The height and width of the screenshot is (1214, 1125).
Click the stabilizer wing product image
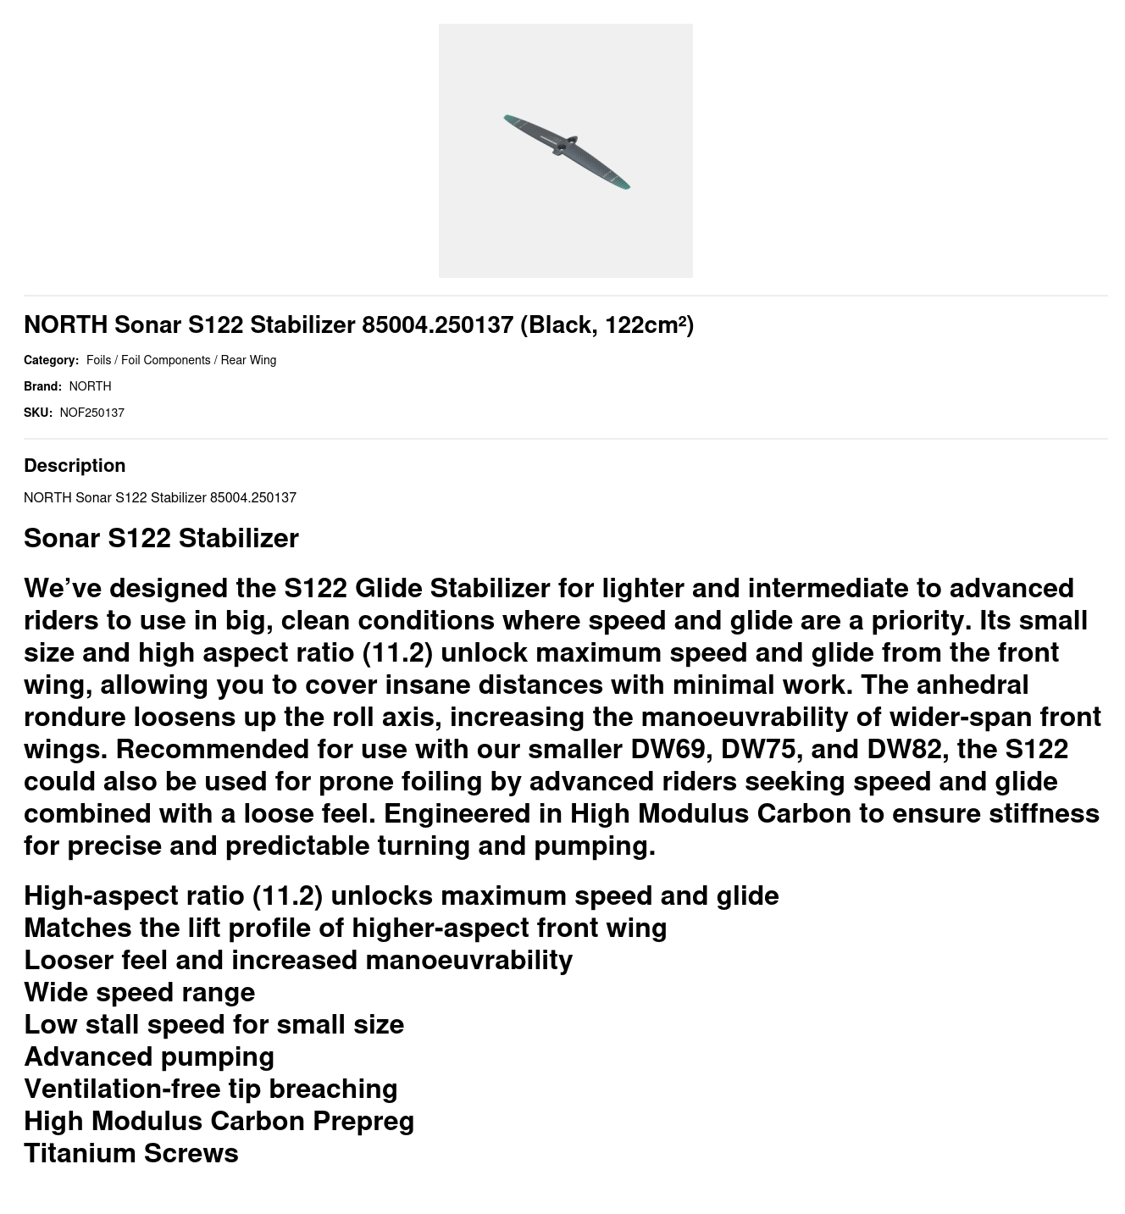point(565,151)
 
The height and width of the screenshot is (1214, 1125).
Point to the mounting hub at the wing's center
point(562,147)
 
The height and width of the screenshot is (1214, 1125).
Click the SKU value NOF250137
point(91,413)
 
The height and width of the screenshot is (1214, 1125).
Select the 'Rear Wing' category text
point(248,360)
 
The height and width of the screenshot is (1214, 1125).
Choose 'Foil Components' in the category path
point(165,360)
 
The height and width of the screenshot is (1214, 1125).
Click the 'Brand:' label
point(42,386)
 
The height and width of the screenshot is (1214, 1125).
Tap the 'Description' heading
point(75,465)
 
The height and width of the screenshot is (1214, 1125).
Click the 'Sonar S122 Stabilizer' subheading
point(161,538)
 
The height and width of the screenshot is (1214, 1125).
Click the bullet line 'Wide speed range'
point(139,992)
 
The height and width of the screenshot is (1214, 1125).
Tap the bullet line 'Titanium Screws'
point(130,1153)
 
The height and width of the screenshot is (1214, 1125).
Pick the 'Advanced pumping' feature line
point(148,1056)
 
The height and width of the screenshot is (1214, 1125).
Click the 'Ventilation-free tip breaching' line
point(210,1089)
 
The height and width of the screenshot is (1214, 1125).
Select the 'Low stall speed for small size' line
point(213,1024)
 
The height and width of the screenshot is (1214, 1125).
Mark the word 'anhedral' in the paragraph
point(972,685)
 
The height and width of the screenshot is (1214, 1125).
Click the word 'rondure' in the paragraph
point(75,717)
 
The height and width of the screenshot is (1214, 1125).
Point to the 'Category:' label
point(51,360)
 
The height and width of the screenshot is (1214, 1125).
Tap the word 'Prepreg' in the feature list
point(363,1121)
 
